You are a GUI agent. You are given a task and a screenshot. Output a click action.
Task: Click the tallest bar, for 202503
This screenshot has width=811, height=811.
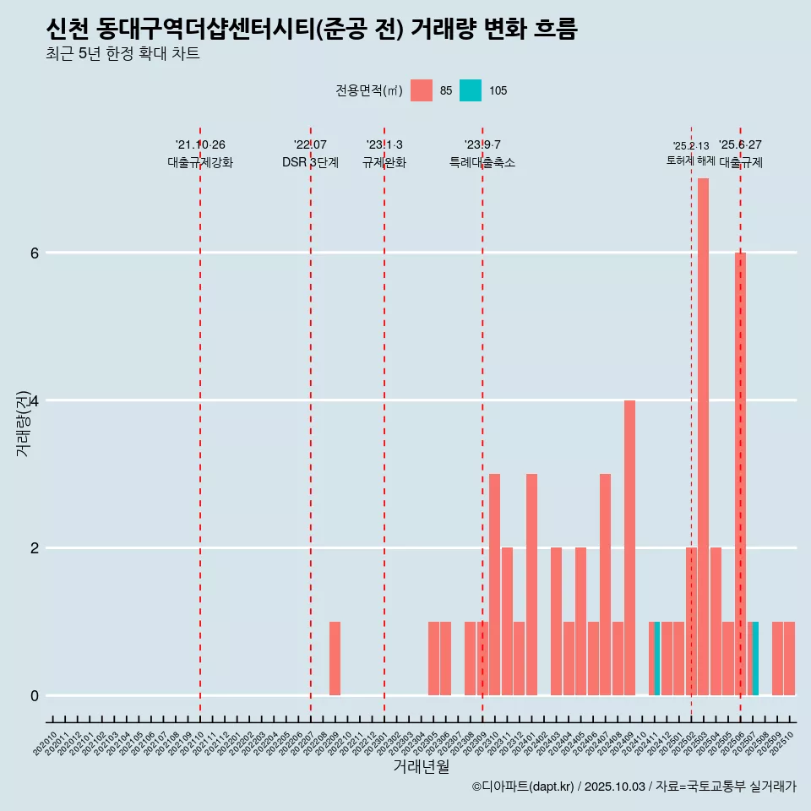703,436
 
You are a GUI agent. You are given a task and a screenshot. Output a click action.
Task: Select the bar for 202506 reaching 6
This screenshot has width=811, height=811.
740,473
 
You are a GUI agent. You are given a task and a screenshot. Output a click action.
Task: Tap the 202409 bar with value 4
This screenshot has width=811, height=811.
629,547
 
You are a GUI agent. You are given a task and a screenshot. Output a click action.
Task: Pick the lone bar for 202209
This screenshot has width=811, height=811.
335,658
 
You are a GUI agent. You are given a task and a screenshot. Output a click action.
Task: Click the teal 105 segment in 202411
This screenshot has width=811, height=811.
657,658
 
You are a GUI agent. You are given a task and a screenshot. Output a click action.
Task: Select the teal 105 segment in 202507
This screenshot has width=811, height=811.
755,658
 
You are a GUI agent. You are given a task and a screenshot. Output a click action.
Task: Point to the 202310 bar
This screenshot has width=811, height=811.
494,584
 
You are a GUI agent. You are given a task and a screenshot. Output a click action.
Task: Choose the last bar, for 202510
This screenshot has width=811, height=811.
789,658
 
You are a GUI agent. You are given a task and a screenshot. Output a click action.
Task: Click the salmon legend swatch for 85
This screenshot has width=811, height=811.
422,90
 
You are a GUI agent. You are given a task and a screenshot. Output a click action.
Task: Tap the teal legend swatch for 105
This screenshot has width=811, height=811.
471,90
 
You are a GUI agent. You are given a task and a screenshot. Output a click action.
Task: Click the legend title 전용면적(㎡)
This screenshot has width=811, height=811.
369,90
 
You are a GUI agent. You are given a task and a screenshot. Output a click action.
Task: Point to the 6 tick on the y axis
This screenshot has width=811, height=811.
34,253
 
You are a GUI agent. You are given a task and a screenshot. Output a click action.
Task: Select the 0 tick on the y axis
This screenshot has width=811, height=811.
34,695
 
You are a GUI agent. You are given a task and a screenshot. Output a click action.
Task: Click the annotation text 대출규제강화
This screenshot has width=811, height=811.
200,163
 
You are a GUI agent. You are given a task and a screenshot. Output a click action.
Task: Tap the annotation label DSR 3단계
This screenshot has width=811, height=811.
310,163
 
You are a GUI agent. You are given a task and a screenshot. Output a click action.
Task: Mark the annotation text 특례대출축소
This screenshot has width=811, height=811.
482,163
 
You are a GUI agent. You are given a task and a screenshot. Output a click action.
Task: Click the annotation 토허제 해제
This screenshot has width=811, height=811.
690,161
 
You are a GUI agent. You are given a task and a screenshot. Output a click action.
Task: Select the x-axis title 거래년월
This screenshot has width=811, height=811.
421,766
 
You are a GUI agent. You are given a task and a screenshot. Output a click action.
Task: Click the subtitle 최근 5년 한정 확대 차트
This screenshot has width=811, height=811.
123,55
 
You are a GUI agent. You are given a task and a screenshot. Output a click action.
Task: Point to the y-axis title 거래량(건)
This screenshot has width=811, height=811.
23,422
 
